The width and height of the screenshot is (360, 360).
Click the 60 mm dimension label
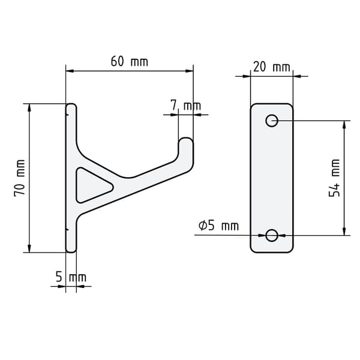point(130,62)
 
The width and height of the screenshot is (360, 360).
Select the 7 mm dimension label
point(186,106)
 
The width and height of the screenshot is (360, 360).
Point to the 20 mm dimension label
point(272,67)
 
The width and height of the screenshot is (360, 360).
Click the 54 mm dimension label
point(334,178)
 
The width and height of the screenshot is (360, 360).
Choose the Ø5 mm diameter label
point(218,226)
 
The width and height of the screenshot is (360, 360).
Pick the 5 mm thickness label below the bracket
point(71,277)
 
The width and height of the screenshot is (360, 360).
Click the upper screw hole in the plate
point(272,121)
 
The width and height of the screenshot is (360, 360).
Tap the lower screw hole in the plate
point(272,235)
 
